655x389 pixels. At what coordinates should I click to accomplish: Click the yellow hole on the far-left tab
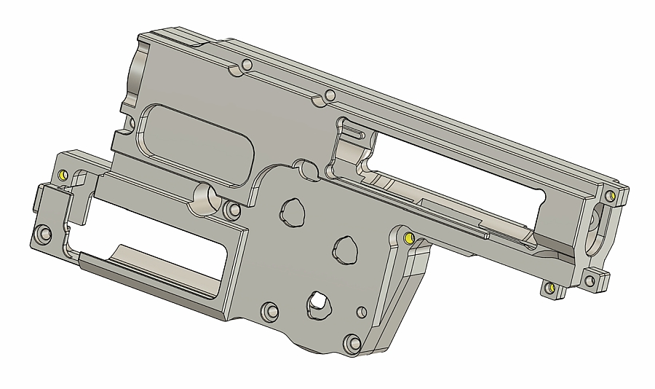(x=63, y=176)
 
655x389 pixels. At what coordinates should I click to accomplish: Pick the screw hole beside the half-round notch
(x=233, y=211)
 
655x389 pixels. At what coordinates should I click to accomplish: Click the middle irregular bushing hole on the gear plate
(x=346, y=249)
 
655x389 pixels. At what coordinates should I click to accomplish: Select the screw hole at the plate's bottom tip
(x=352, y=342)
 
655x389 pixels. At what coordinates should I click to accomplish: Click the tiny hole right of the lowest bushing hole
(x=359, y=312)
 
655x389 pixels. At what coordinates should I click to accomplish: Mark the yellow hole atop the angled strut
(x=408, y=238)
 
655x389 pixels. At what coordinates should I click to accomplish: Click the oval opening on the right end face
(x=598, y=222)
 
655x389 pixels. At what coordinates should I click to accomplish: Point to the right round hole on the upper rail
(x=330, y=95)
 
